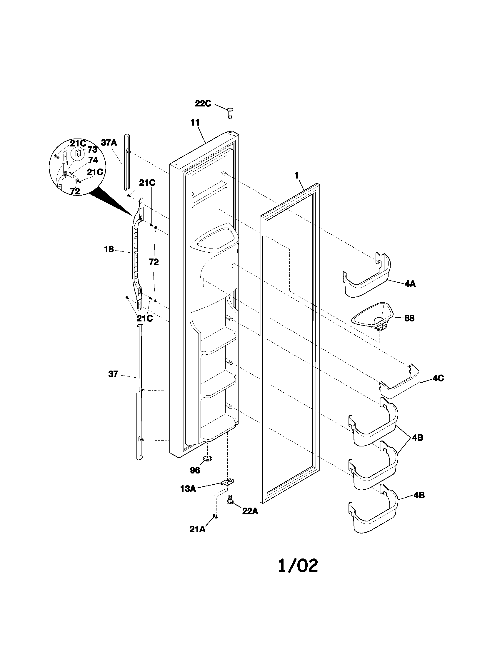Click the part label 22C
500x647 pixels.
pyautogui.click(x=203, y=104)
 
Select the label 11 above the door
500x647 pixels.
pyautogui.click(x=195, y=122)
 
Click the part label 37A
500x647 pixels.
pyautogui.click(x=109, y=143)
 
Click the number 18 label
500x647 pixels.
pyautogui.click(x=109, y=249)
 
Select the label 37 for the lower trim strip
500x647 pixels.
pyautogui.click(x=113, y=374)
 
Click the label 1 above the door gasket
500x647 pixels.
pyautogui.click(x=296, y=175)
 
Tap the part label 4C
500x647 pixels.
pyautogui.click(x=438, y=378)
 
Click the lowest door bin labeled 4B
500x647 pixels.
pyautogui.click(x=373, y=516)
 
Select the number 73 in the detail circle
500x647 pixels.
pyautogui.click(x=92, y=150)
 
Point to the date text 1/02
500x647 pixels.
pyautogui.click(x=298, y=566)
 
